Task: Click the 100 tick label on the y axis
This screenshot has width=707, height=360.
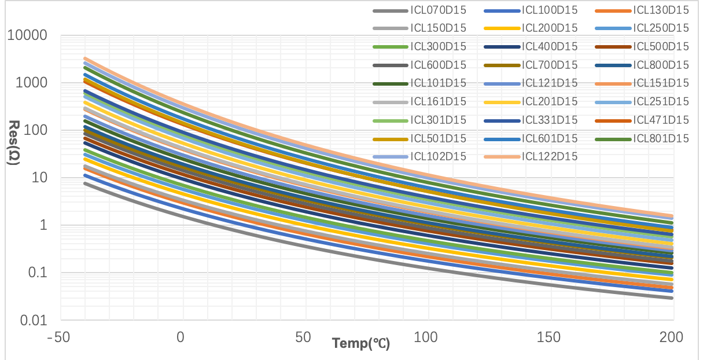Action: coord(37,131)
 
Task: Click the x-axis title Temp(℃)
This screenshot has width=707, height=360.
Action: coord(361,343)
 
